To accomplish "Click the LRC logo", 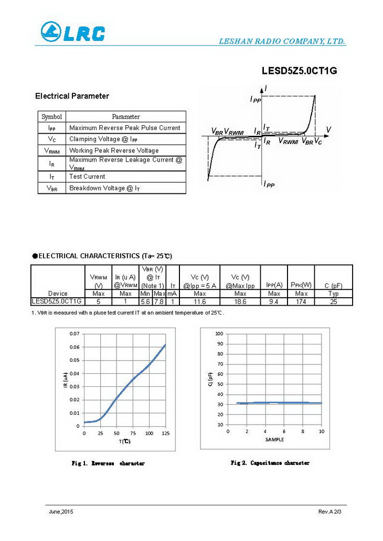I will click(x=72, y=32).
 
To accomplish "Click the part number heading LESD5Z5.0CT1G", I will click(x=299, y=71).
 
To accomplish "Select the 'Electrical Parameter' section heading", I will click(x=72, y=96).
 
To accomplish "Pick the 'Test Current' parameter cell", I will click(x=87, y=177).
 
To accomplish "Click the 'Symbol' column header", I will click(x=51, y=117).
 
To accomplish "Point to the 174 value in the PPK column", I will click(x=301, y=301).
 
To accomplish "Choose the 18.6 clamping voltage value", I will click(x=240, y=301).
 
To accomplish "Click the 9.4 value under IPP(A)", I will click(x=274, y=301).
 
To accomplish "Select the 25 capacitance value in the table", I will click(x=333, y=301).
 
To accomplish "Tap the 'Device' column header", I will click(x=58, y=294).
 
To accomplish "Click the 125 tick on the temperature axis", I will click(x=166, y=434).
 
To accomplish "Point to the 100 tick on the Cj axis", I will click(x=219, y=333).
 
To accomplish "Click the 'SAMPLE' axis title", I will click(x=274, y=439).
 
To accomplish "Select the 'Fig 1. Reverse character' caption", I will click(x=108, y=463).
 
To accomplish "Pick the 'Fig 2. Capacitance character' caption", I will click(x=270, y=463).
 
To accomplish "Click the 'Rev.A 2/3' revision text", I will click(x=329, y=511).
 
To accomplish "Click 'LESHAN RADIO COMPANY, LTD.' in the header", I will click(x=281, y=41).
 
